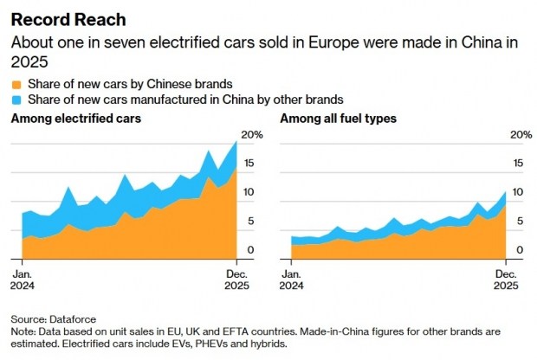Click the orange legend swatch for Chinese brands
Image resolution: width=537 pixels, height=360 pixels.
[16, 84]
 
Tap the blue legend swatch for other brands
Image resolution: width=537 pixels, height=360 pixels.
[16, 100]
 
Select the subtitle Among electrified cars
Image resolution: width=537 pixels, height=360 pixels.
[72, 118]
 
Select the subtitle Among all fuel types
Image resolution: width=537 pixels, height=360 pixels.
[339, 118]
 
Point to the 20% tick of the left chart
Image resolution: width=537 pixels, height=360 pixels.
[250, 134]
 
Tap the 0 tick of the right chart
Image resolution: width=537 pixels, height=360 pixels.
[519, 250]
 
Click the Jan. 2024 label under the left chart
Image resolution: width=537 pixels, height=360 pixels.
[23, 280]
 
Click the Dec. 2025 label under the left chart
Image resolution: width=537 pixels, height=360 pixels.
[236, 280]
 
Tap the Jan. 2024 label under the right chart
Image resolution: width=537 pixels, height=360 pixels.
[293, 280]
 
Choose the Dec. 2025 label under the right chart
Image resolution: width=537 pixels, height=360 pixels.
[507, 280]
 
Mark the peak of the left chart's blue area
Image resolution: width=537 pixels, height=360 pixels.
[236, 142]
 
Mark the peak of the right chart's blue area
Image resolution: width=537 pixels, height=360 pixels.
[506, 192]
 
